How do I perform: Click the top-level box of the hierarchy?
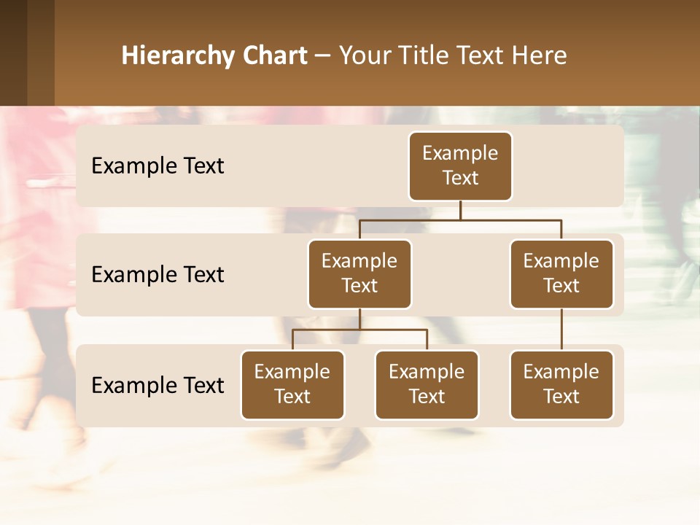(x=460, y=166)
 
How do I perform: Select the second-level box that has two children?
(x=359, y=273)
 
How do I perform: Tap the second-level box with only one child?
(x=561, y=273)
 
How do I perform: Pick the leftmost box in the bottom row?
(x=292, y=384)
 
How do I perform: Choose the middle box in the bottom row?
(x=427, y=384)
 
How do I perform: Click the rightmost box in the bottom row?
(x=561, y=384)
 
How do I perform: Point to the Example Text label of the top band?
(x=157, y=166)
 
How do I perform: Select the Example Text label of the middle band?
(x=157, y=275)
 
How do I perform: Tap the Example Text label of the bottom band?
(x=157, y=386)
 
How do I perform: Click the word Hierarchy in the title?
(x=178, y=55)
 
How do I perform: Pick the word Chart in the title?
(x=275, y=55)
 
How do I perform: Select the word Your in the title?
(x=365, y=55)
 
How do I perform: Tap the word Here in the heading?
(x=540, y=55)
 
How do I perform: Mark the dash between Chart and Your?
(x=323, y=55)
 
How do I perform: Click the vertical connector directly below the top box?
(x=460, y=210)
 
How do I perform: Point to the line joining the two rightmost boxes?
(x=561, y=330)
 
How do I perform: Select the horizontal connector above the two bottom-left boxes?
(x=359, y=330)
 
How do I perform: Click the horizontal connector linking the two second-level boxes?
(x=460, y=219)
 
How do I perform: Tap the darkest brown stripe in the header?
(x=13, y=52)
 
